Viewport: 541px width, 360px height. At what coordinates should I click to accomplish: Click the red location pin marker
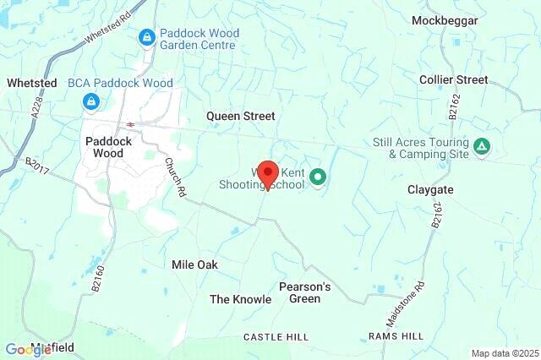pyautogui.click(x=267, y=174)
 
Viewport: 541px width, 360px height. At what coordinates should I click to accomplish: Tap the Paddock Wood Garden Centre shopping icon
pyautogui.click(x=147, y=37)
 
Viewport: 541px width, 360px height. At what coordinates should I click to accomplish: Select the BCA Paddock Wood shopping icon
pyautogui.click(x=90, y=101)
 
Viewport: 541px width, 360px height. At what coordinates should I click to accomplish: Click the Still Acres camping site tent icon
pyautogui.click(x=481, y=148)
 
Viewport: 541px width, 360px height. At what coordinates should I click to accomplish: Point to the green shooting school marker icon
pyautogui.click(x=318, y=177)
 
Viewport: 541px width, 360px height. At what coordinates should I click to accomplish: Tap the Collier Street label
pyautogui.click(x=454, y=79)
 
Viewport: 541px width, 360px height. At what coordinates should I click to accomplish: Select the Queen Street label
pyautogui.click(x=241, y=116)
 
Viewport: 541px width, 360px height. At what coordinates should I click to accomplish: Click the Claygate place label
pyautogui.click(x=431, y=190)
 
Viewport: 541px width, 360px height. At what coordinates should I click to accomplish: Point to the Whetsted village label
pyautogui.click(x=32, y=83)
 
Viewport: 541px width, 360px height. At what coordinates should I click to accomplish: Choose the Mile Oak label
pyautogui.click(x=194, y=265)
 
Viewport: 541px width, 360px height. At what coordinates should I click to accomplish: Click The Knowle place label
pyautogui.click(x=241, y=299)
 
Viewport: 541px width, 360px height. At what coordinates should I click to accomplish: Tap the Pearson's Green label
pyautogui.click(x=304, y=292)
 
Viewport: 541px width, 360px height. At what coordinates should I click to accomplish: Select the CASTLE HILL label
pyautogui.click(x=276, y=336)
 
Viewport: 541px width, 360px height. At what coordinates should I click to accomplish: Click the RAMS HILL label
pyautogui.click(x=396, y=336)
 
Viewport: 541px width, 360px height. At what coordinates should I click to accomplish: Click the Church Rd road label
pyautogui.click(x=176, y=178)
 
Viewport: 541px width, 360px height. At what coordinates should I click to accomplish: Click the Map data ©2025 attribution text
pyautogui.click(x=504, y=353)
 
